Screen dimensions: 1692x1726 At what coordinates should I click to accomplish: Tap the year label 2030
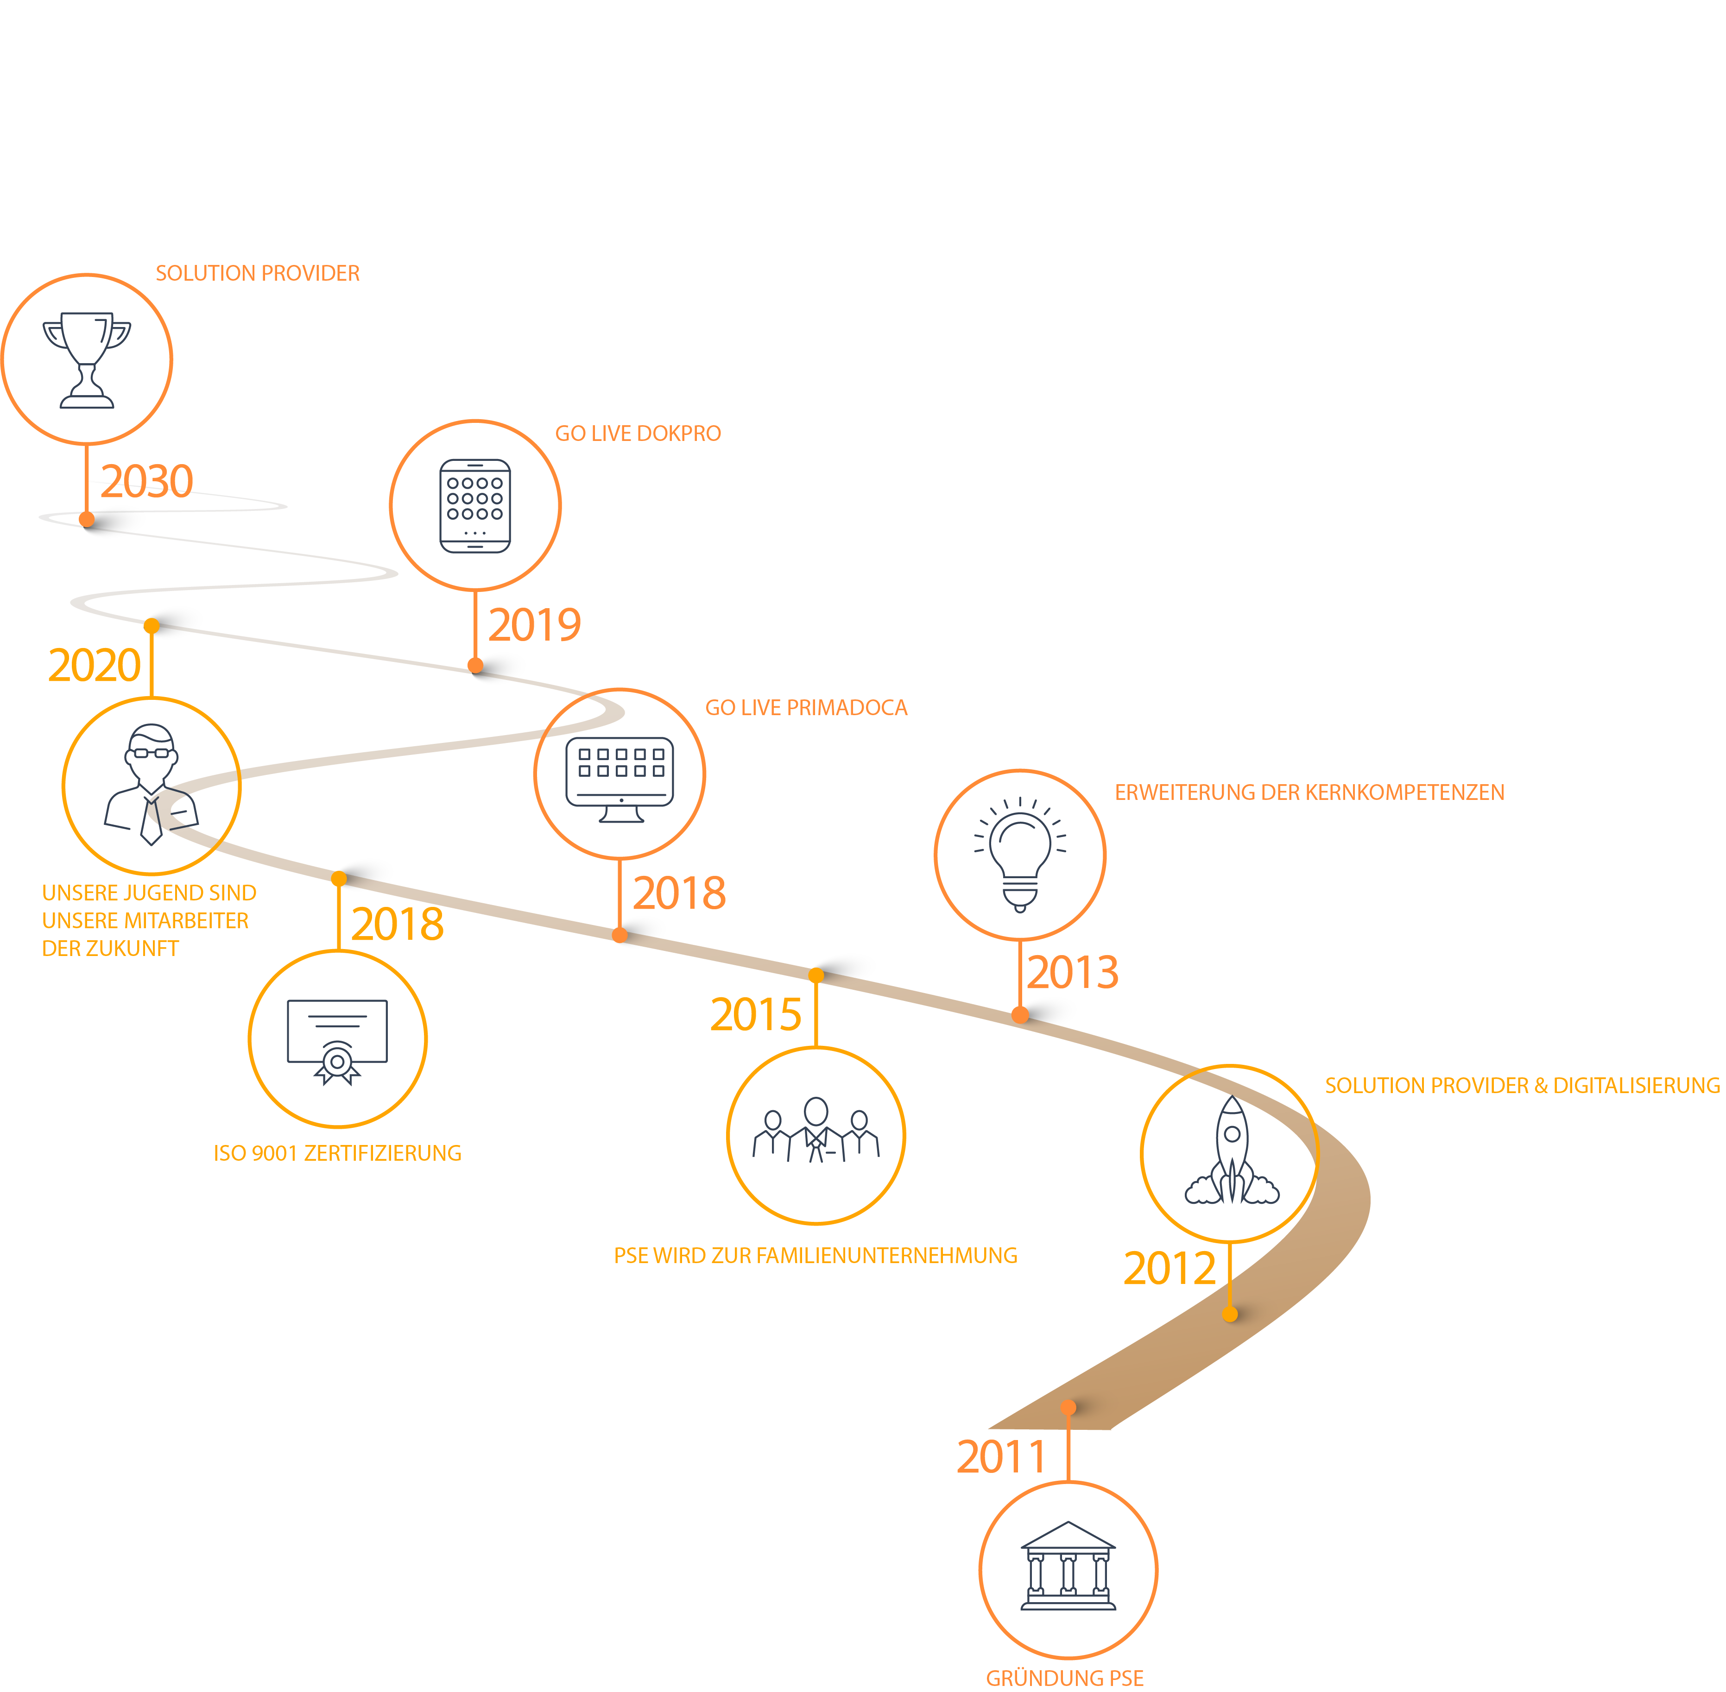point(146,482)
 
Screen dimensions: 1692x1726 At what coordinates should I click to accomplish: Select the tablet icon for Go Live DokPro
point(475,506)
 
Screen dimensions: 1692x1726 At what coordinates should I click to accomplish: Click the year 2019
point(534,625)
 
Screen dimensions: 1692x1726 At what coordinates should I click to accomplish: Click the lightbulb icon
point(1020,855)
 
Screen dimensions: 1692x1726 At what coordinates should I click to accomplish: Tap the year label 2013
point(1073,972)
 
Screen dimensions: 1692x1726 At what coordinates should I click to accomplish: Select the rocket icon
point(1231,1152)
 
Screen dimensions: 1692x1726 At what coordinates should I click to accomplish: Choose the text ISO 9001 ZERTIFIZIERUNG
point(338,1153)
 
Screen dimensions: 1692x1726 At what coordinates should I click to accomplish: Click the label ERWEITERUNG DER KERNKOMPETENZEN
point(1309,793)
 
